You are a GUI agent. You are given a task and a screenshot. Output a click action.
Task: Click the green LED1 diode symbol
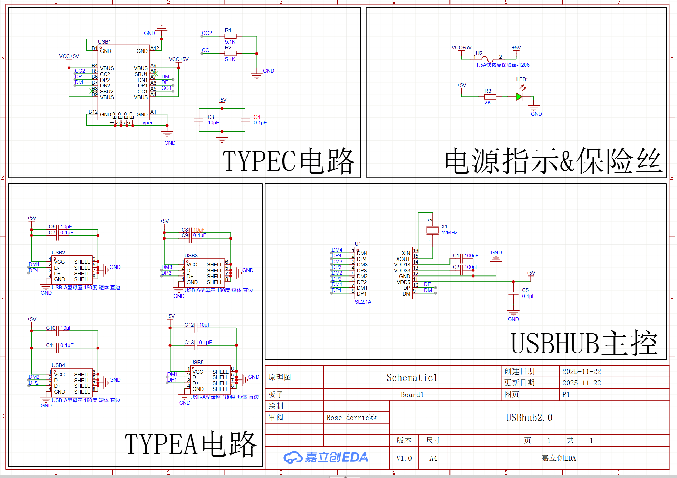[x=519, y=97]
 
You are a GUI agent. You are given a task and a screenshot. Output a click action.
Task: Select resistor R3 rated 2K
[x=490, y=97]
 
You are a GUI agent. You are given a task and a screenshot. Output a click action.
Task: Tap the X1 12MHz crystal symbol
[x=432, y=230]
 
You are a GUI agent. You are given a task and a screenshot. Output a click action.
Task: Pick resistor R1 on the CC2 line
[x=230, y=36]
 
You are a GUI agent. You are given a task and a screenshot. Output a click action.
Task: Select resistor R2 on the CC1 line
[x=230, y=53]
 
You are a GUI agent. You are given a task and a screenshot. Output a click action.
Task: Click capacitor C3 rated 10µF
[x=199, y=120]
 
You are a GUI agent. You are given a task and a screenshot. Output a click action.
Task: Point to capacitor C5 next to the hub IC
[x=513, y=293]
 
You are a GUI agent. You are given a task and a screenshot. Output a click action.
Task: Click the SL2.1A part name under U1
[x=363, y=302]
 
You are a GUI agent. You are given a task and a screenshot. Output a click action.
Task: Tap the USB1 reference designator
[x=104, y=42]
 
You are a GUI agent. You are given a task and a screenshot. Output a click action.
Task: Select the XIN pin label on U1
[x=406, y=253]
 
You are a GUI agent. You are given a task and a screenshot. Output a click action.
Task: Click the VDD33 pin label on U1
[x=402, y=271]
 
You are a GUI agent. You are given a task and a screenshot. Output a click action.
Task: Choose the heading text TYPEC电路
[x=288, y=161]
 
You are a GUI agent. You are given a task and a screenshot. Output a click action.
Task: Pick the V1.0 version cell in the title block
[x=404, y=458]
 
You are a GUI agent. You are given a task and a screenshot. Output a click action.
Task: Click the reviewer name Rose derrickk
[x=351, y=418]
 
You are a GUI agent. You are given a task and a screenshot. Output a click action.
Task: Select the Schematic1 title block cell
[x=412, y=377]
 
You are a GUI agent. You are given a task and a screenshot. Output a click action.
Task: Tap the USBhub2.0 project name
[x=529, y=418]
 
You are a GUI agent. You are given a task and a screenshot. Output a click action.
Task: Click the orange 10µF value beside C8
[x=199, y=230]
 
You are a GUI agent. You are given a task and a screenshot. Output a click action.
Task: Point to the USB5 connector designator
[x=197, y=363]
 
